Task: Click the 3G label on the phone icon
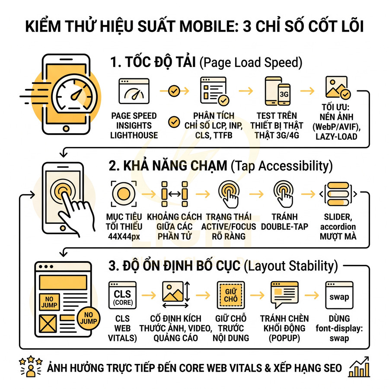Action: tap(284, 94)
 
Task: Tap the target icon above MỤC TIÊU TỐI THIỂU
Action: tap(124, 193)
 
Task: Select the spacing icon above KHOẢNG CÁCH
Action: tap(175, 193)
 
